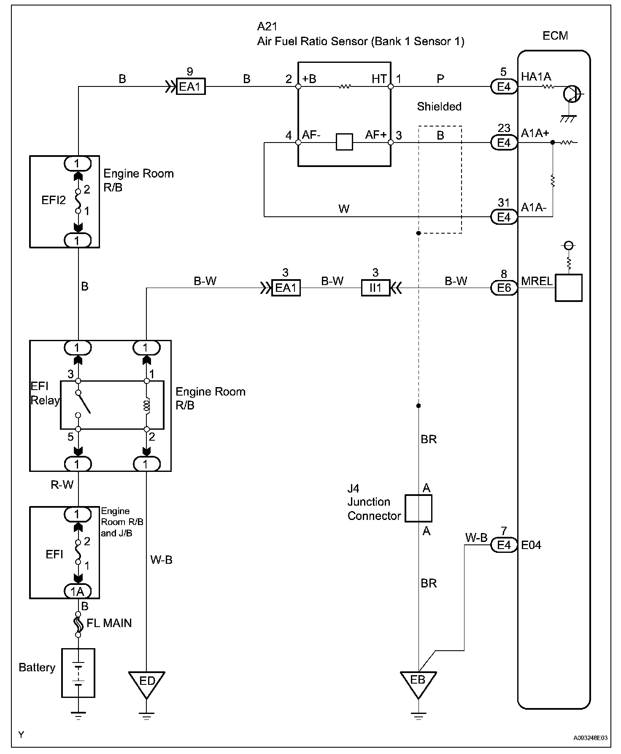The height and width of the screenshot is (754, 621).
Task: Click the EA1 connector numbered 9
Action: click(x=191, y=87)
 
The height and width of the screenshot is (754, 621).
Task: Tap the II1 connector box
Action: click(x=375, y=288)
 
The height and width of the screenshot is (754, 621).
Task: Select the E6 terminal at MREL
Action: click(x=504, y=288)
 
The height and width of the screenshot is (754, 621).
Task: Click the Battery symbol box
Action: click(x=78, y=673)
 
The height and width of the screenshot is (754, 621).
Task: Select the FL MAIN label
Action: click(x=109, y=623)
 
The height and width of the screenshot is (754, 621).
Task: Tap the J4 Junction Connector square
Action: click(x=418, y=509)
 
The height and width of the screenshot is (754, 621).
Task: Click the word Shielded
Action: click(x=439, y=107)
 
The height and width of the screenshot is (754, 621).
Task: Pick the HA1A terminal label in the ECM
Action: click(x=536, y=77)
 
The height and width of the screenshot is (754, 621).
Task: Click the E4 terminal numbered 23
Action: click(x=504, y=143)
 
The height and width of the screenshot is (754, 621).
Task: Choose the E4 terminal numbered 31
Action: click(x=504, y=217)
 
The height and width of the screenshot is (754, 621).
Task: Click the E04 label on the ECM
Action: click(x=531, y=545)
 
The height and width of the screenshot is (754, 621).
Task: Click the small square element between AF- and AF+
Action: click(x=344, y=142)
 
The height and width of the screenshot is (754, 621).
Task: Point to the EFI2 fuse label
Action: click(x=54, y=200)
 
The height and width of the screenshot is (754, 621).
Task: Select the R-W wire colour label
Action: click(x=62, y=485)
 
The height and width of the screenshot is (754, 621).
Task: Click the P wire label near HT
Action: click(x=440, y=79)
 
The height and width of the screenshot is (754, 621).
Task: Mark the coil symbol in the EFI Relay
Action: click(x=147, y=406)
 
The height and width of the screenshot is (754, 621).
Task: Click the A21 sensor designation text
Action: click(x=267, y=27)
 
